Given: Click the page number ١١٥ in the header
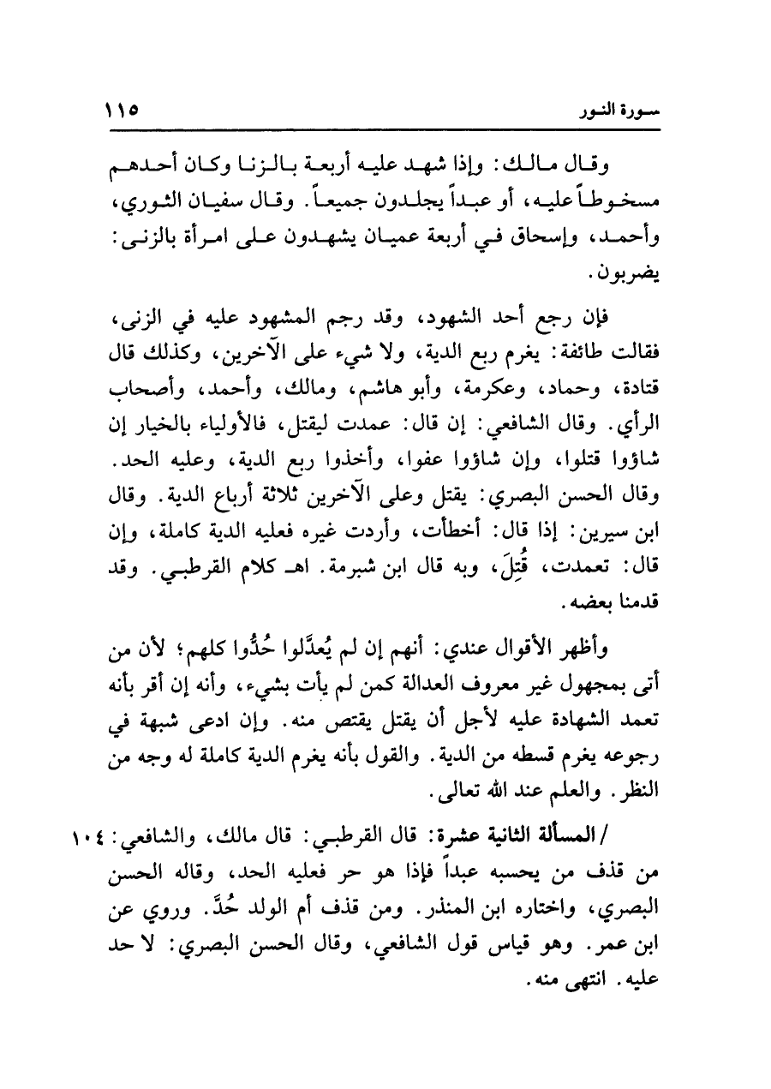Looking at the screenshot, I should click(x=122, y=111).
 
